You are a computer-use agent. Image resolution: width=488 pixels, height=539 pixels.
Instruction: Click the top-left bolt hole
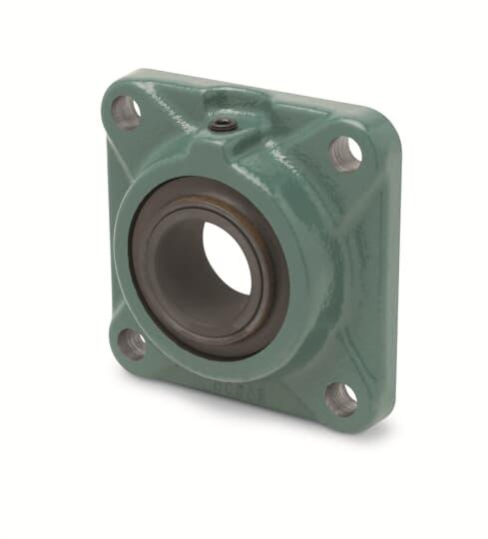pos(126,111)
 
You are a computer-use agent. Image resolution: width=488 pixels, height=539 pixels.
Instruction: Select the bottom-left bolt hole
pos(133,343)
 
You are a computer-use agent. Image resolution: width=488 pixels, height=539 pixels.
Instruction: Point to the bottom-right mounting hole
pos(340,398)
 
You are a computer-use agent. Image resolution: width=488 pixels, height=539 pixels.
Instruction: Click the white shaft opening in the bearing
pos(228,257)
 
